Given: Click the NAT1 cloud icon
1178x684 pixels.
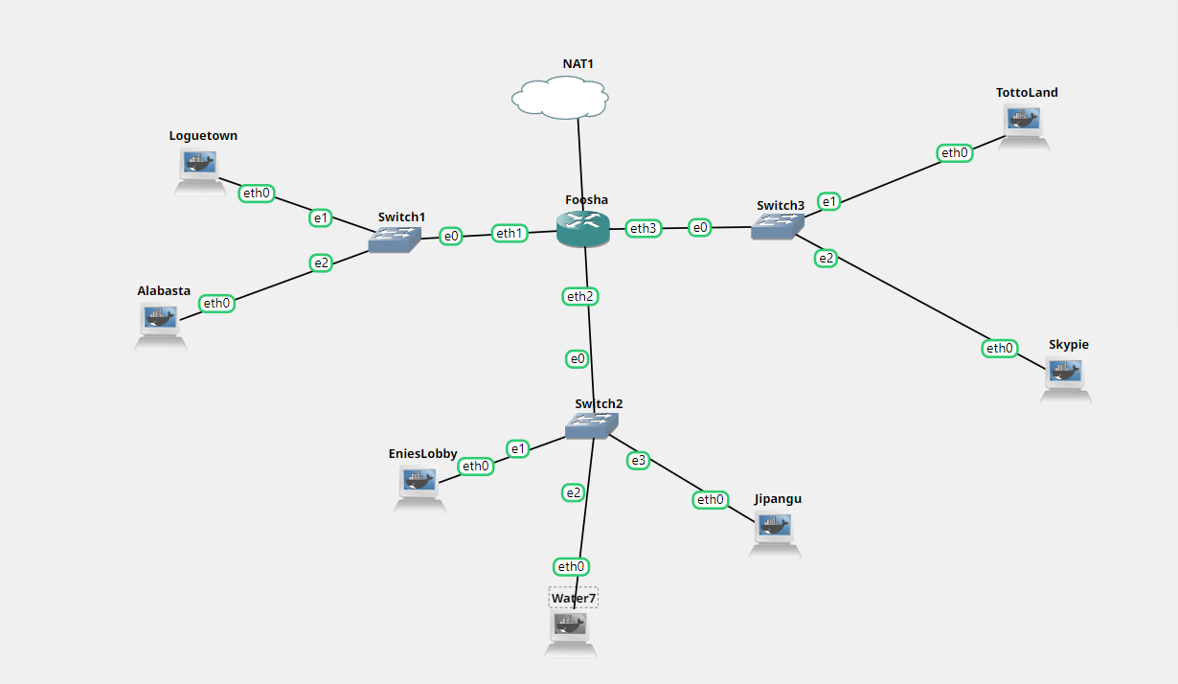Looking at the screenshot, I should point(560,98).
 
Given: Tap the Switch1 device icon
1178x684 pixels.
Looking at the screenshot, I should point(395,239).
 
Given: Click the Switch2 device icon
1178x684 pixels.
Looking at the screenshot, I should point(593,425).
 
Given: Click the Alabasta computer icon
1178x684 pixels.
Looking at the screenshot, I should point(161,320).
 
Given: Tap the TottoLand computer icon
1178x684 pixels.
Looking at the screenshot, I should point(1024,123).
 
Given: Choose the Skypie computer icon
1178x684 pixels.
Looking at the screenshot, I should point(1065,374).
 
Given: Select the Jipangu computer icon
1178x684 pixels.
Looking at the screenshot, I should point(775,528).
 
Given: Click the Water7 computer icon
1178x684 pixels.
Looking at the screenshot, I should point(570,628).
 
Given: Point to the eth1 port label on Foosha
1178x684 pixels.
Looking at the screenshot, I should point(510,233).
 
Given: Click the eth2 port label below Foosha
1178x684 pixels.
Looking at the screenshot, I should point(579,297).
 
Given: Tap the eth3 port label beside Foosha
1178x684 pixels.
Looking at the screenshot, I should point(644,228).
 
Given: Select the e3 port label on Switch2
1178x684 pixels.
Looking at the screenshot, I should point(638,461).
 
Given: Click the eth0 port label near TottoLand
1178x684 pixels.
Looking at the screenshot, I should point(955,152).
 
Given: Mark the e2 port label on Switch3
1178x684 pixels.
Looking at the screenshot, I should point(826,258).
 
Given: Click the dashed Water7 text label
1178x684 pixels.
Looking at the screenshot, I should point(573,598).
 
